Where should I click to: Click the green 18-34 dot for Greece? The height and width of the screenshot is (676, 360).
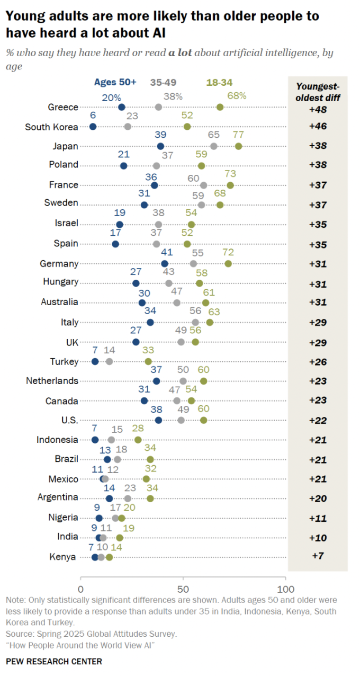click(220, 107)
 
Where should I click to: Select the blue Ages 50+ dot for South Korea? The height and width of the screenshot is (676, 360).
click(93, 127)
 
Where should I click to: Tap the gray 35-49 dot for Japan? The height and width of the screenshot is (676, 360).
click(214, 146)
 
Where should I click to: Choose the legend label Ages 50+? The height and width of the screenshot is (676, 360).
click(115, 82)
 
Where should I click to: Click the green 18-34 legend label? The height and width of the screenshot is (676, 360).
click(219, 82)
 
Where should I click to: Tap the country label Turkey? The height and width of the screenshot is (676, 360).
click(64, 361)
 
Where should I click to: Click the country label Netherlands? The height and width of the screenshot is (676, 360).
click(53, 381)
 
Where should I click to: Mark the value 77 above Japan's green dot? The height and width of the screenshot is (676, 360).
click(239, 135)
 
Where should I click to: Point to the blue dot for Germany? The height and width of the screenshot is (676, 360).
click(165, 264)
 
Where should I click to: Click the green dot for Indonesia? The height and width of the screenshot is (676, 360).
click(138, 440)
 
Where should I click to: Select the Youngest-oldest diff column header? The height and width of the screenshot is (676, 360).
click(318, 92)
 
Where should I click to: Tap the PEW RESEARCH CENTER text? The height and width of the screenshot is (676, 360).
click(54, 661)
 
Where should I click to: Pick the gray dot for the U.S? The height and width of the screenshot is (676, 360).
click(181, 420)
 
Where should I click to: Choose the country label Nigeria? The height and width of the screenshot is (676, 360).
click(64, 518)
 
